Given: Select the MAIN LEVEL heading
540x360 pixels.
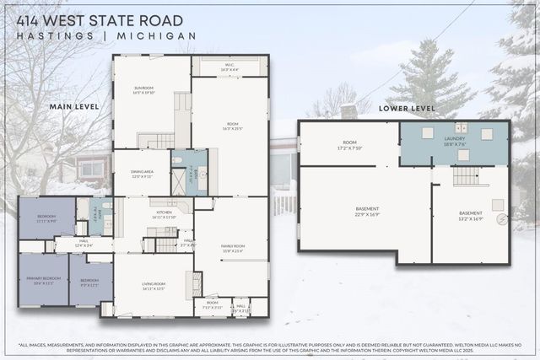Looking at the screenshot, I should pos(74,107).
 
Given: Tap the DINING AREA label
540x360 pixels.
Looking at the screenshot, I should pos(142,174).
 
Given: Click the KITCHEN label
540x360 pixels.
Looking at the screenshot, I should pos(164,214).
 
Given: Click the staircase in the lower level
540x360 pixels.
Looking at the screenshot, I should pos(466,175).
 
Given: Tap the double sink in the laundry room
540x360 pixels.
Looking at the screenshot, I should pos(461,128).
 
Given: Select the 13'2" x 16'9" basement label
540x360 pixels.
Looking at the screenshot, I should pos(470,216).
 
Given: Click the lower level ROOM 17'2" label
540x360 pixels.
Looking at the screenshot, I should pos(349,145).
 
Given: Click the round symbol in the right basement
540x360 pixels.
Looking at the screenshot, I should pos(503,219).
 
